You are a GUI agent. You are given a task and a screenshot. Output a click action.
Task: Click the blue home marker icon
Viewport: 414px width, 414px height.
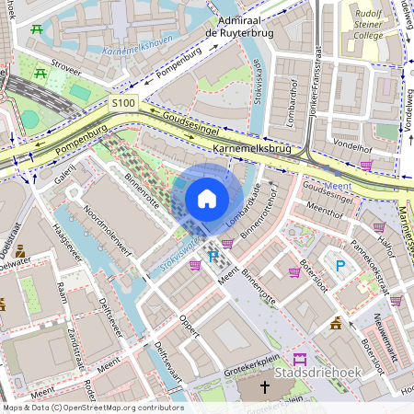tap(207, 199)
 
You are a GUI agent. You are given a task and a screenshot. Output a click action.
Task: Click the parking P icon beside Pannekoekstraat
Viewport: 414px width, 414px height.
tap(340, 266)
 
